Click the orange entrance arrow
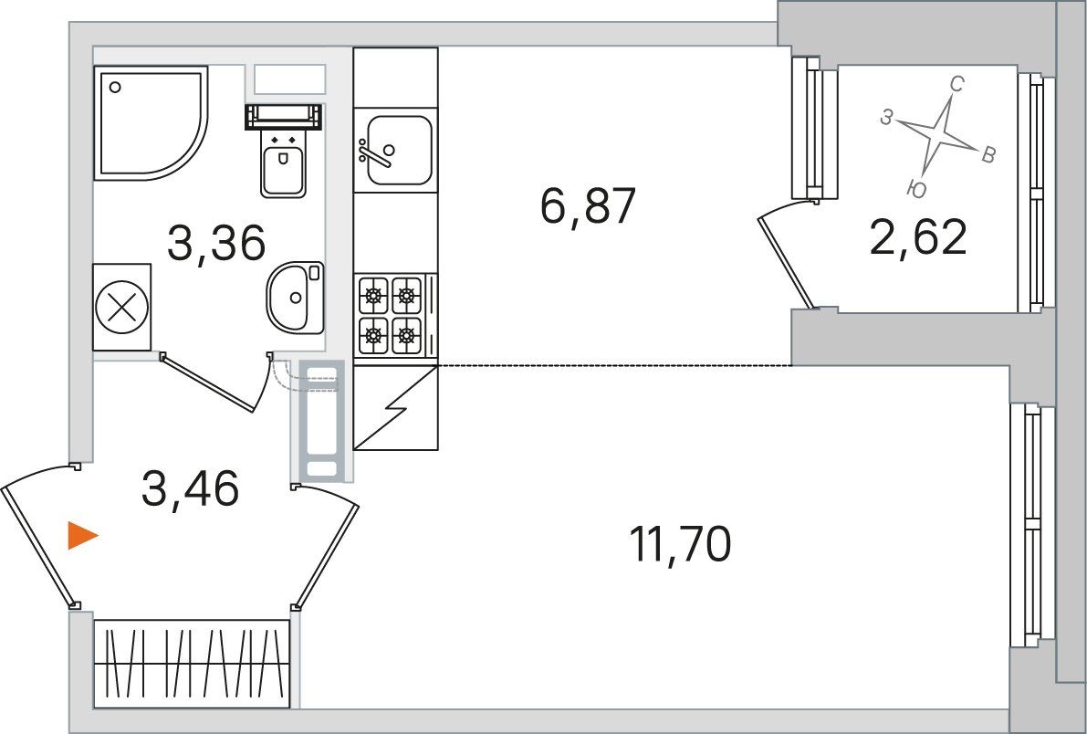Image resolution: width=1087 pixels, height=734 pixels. point(82,536)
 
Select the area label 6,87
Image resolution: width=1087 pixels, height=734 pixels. point(587,206)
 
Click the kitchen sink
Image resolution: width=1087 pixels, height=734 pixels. point(395,151)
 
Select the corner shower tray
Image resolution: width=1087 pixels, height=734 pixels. point(151,123)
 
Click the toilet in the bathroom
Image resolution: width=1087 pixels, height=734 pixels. point(284,150)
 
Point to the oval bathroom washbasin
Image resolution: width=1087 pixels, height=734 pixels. point(296,297)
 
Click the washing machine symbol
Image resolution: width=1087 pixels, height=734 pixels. point(122,308)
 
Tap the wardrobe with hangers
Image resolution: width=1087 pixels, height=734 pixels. point(192,664)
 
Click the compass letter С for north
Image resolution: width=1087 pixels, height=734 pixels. point(956,85)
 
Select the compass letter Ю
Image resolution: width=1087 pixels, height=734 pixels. point(916,188)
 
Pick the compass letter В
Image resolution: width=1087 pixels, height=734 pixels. point(988,154)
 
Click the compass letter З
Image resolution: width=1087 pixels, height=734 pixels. point(886,118)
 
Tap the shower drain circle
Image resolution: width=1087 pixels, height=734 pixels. point(115,88)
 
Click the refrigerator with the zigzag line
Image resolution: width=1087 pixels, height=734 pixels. point(395,408)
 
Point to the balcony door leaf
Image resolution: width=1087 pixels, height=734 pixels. point(786,261)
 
